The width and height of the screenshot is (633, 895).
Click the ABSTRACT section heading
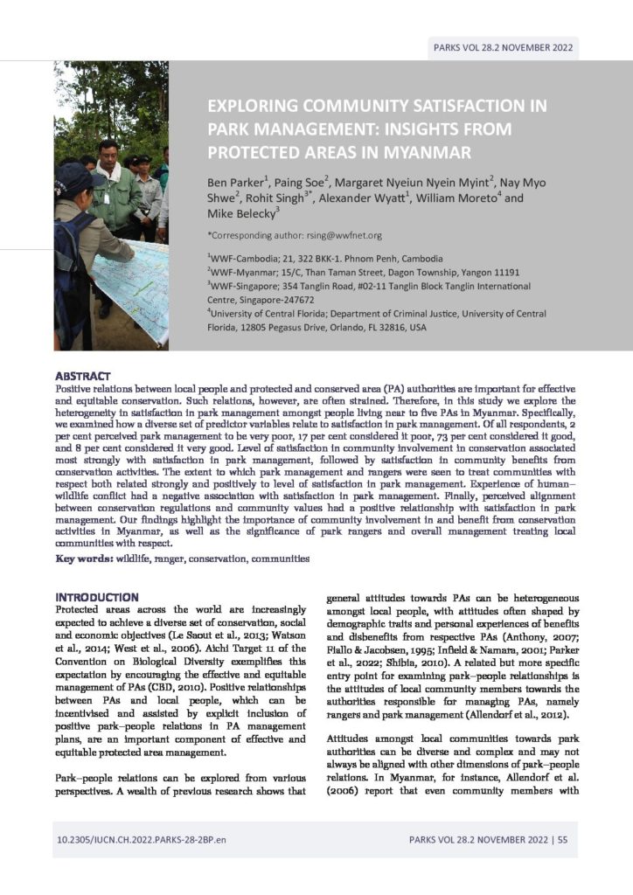point(83,375)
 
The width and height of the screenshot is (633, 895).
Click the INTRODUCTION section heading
point(97,597)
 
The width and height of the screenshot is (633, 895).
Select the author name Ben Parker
point(237,184)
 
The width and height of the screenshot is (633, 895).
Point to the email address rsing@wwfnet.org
point(348,235)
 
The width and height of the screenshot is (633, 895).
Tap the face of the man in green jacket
point(108,157)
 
